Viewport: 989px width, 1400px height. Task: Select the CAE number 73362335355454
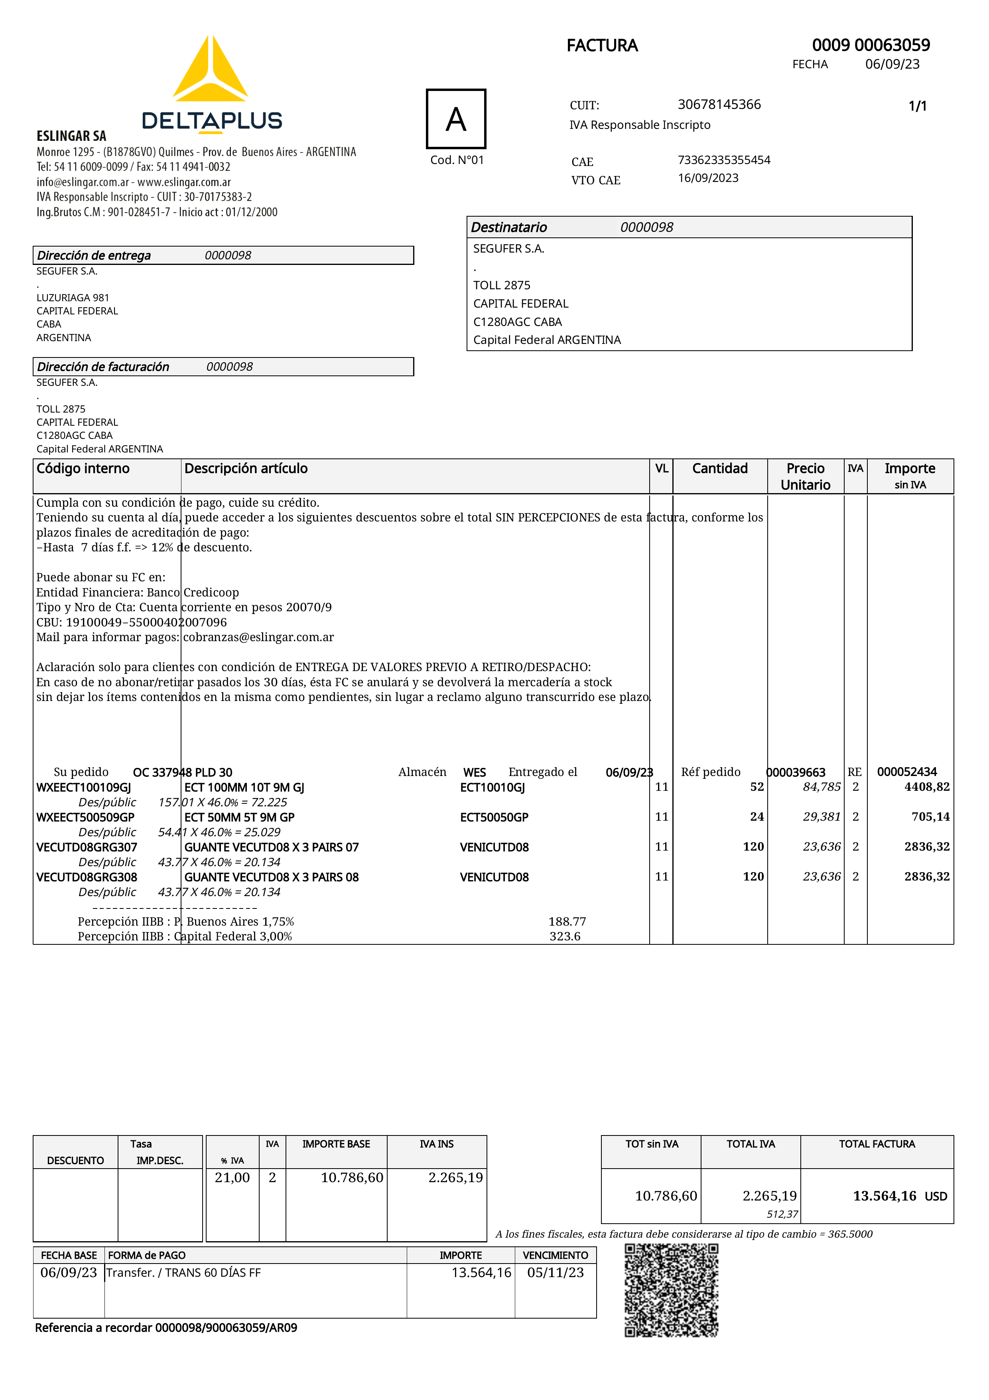pyautogui.click(x=724, y=160)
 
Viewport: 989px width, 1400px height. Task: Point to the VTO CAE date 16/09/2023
pyautogui.click(x=708, y=178)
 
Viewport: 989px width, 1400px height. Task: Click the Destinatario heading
pyautogui.click(x=509, y=227)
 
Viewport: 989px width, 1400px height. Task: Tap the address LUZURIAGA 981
pyautogui.click(x=73, y=298)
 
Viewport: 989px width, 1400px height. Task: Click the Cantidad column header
pyautogui.click(x=720, y=468)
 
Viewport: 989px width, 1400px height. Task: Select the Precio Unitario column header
pyautogui.click(x=805, y=476)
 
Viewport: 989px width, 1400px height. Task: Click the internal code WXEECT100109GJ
pyautogui.click(x=83, y=787)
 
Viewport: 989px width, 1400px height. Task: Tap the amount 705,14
pyautogui.click(x=930, y=816)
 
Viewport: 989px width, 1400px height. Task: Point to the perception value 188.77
pyautogui.click(x=567, y=921)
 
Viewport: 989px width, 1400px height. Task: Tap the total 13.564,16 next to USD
pyautogui.click(x=884, y=1196)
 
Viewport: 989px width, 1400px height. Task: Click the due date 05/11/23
pyautogui.click(x=555, y=1273)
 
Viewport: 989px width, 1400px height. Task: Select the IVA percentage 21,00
pyautogui.click(x=232, y=1177)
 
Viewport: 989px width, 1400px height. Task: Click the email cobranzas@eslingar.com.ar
pyautogui.click(x=258, y=637)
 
